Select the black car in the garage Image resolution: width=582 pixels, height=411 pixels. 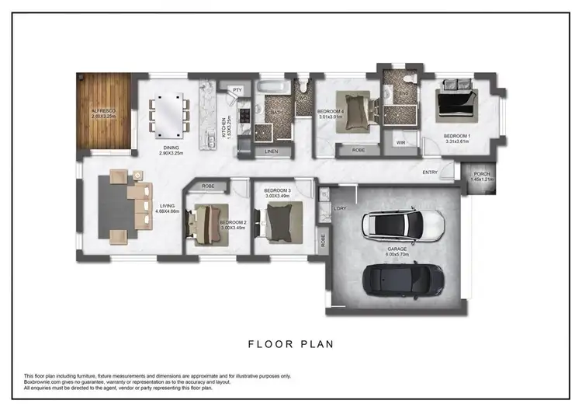[x=404, y=278]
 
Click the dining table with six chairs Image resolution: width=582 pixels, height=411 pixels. [x=168, y=111]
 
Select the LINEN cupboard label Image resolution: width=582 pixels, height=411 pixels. [x=271, y=151]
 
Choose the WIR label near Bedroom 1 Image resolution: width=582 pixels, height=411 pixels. [x=402, y=143]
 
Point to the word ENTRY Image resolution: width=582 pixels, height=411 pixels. [x=430, y=172]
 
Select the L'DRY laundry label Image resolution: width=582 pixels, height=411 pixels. [x=339, y=208]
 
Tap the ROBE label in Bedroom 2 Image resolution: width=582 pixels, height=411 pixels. [x=208, y=186]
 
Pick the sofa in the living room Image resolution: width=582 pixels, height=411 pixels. [x=140, y=204]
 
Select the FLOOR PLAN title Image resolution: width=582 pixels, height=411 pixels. [x=291, y=342]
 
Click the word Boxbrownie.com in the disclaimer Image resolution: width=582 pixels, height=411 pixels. [x=45, y=381]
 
